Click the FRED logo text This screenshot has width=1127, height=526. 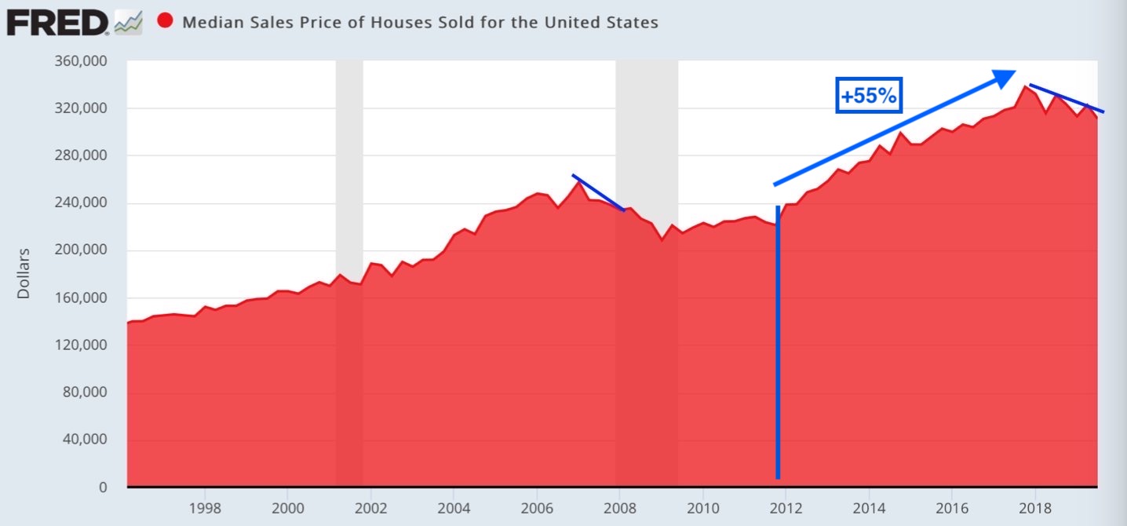tap(57, 22)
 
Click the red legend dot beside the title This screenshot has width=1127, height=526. tap(165, 21)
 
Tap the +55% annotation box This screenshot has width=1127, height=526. tap(870, 95)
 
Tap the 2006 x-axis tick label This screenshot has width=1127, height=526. tap(537, 508)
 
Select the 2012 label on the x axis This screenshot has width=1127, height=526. tap(786, 508)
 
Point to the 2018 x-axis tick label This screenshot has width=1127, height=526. tap(1035, 508)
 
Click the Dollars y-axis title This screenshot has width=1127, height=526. tap(24, 273)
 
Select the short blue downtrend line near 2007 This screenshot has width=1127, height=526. tap(598, 192)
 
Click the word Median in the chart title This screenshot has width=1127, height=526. tap(210, 22)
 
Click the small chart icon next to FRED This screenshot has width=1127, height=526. tap(128, 24)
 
